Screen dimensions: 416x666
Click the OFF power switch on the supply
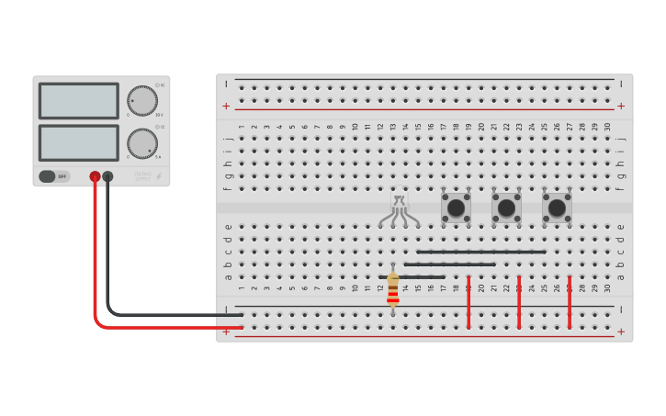pyautogui.click(x=53, y=176)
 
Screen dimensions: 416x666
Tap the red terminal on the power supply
pyautogui.click(x=95, y=176)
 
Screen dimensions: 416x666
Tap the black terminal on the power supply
pyautogui.click(x=107, y=176)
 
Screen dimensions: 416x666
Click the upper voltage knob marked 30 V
pyautogui.click(x=141, y=101)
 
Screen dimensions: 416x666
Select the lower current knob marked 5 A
pyautogui.click(x=141, y=142)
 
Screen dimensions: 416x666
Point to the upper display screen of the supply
pyautogui.click(x=79, y=101)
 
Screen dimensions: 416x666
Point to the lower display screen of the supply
pyautogui.click(x=79, y=142)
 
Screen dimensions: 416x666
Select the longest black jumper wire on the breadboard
pyautogui.click(x=480, y=252)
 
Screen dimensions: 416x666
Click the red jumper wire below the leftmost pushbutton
pyautogui.click(x=468, y=301)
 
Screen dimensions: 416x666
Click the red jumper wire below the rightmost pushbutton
pyautogui.click(x=569, y=301)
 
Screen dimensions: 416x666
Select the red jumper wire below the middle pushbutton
pyautogui.click(x=519, y=301)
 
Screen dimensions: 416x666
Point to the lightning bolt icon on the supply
pyautogui.click(x=159, y=175)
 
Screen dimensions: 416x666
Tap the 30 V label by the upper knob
pyautogui.click(x=159, y=115)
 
